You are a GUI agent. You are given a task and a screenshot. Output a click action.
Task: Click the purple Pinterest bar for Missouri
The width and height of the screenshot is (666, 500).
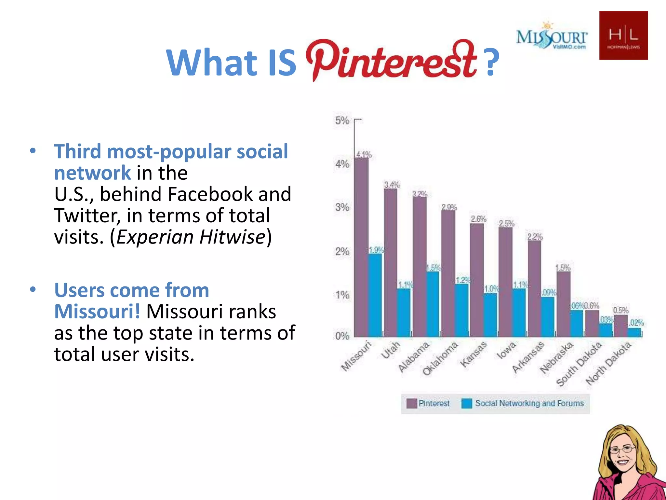point(361,247)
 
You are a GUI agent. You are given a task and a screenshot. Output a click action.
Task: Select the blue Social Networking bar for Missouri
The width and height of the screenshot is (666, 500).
point(375,295)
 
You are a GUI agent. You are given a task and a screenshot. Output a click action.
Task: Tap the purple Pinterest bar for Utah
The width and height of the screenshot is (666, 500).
point(390,262)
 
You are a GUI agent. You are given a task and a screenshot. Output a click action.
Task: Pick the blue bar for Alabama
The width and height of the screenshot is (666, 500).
point(433,304)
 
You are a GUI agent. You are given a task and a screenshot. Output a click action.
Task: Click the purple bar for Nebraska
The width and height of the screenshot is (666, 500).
point(563,304)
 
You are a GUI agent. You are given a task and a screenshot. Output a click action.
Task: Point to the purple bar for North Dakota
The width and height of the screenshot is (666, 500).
point(620,326)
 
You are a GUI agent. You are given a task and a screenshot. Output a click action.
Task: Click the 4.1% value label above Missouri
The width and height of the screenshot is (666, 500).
point(364,154)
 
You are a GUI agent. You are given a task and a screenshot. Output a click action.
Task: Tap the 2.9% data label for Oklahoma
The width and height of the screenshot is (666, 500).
point(449,207)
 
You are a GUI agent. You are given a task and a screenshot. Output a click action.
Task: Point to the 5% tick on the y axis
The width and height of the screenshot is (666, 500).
point(342,121)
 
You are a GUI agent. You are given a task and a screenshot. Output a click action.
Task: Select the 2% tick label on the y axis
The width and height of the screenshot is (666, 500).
point(342,251)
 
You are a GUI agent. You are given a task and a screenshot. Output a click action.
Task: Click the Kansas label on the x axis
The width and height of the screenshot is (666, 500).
point(473,354)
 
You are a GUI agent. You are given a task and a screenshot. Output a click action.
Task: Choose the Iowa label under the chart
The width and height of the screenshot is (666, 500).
point(506,350)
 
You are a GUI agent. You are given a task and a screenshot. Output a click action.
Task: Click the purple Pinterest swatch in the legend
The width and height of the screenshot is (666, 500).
point(412,403)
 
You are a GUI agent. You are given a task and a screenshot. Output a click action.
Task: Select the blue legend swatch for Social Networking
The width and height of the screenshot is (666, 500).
point(467,403)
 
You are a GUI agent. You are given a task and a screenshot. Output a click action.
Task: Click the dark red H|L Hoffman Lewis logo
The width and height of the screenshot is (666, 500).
point(623,35)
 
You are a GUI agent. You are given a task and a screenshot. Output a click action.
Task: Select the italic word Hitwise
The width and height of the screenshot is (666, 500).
point(233,237)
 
